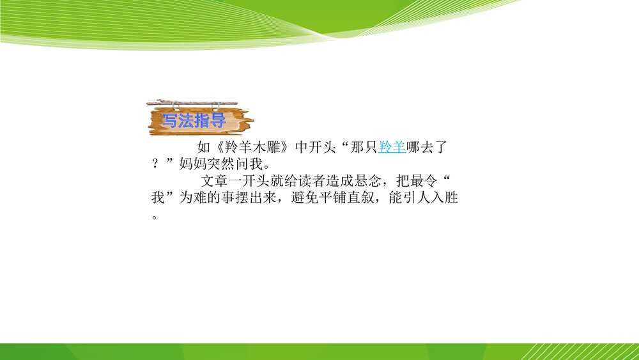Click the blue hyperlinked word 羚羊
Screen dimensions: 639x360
click(392, 147)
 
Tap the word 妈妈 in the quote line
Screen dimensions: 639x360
click(193, 164)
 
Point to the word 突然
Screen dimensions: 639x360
click(220, 164)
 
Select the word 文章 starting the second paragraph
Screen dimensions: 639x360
click(214, 180)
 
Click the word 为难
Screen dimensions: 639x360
click(193, 198)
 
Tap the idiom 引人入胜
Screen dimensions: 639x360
click(431, 198)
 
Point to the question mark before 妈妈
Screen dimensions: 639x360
click(155, 164)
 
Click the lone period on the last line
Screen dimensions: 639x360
click(155, 217)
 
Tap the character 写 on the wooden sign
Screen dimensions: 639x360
click(169, 121)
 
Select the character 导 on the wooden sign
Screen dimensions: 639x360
click(218, 121)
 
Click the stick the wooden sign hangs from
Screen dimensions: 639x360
click(192, 102)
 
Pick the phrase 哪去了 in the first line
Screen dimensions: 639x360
click(427, 147)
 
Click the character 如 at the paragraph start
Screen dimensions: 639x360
click(204, 147)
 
